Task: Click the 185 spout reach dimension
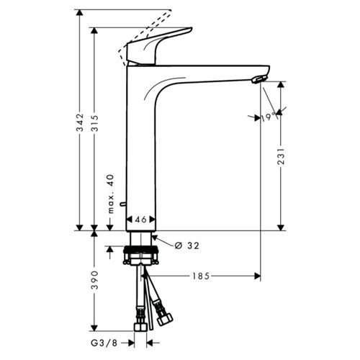coord(202,276)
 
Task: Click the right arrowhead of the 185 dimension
coord(256,276)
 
